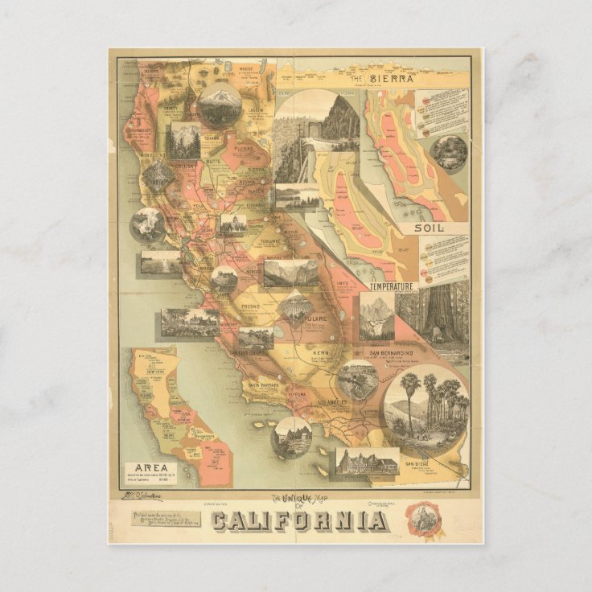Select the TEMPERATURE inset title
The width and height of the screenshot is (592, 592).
392,286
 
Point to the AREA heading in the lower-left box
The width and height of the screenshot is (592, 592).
150,467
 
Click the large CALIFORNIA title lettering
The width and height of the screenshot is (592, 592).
297,520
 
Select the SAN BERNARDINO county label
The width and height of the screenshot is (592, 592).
391,352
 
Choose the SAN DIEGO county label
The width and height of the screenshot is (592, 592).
417,464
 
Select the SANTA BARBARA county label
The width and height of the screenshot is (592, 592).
263,384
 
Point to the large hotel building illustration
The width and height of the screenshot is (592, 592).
368,462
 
